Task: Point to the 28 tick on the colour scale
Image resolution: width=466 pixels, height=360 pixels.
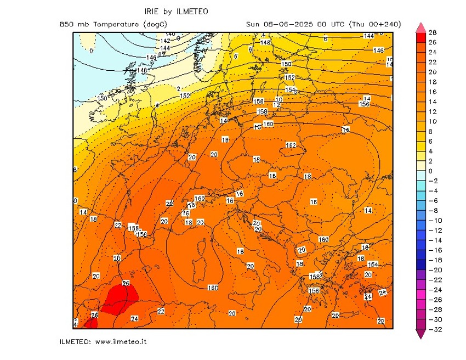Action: click(x=432, y=33)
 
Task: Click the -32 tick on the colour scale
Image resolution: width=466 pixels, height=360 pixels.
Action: click(x=433, y=329)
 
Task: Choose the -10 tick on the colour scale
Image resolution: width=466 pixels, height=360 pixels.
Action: click(x=433, y=221)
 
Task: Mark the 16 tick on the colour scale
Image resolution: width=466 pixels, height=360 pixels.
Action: click(x=432, y=92)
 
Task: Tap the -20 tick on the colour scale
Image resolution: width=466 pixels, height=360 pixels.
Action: click(x=433, y=270)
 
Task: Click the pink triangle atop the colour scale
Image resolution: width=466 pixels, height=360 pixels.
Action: click(x=420, y=27)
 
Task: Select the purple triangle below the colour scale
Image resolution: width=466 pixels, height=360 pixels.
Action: click(x=420, y=334)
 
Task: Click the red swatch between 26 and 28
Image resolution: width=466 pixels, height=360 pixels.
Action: click(x=420, y=38)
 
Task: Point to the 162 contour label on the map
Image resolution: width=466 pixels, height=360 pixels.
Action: click(x=291, y=145)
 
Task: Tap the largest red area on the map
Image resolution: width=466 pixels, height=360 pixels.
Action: click(x=117, y=299)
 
